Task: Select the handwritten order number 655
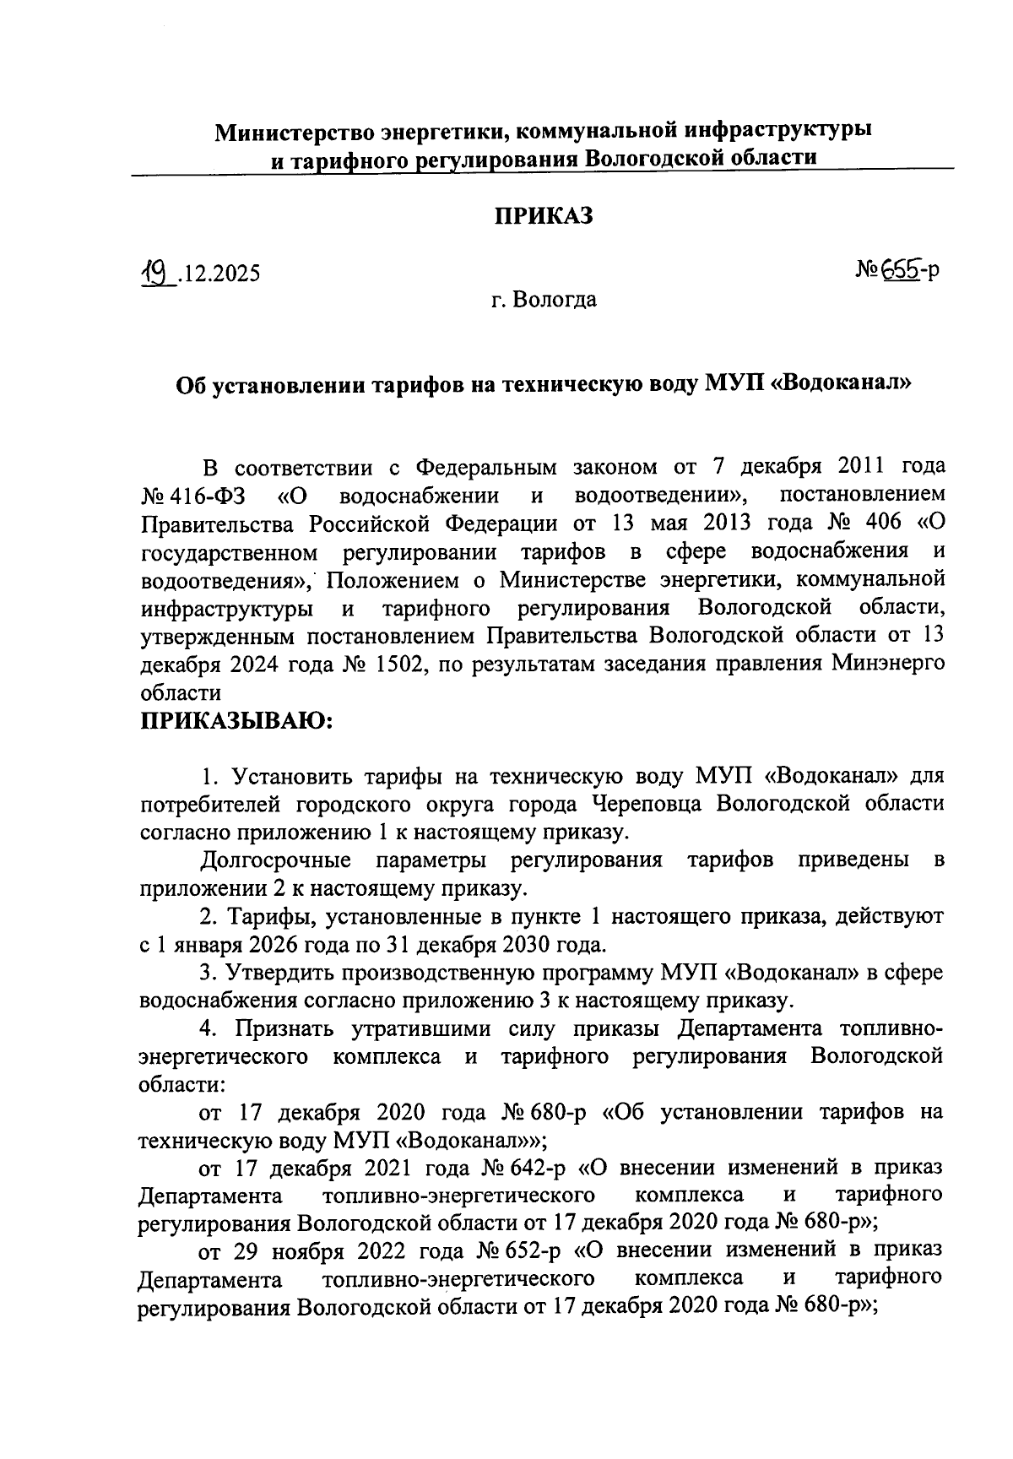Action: pyautogui.click(x=900, y=269)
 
